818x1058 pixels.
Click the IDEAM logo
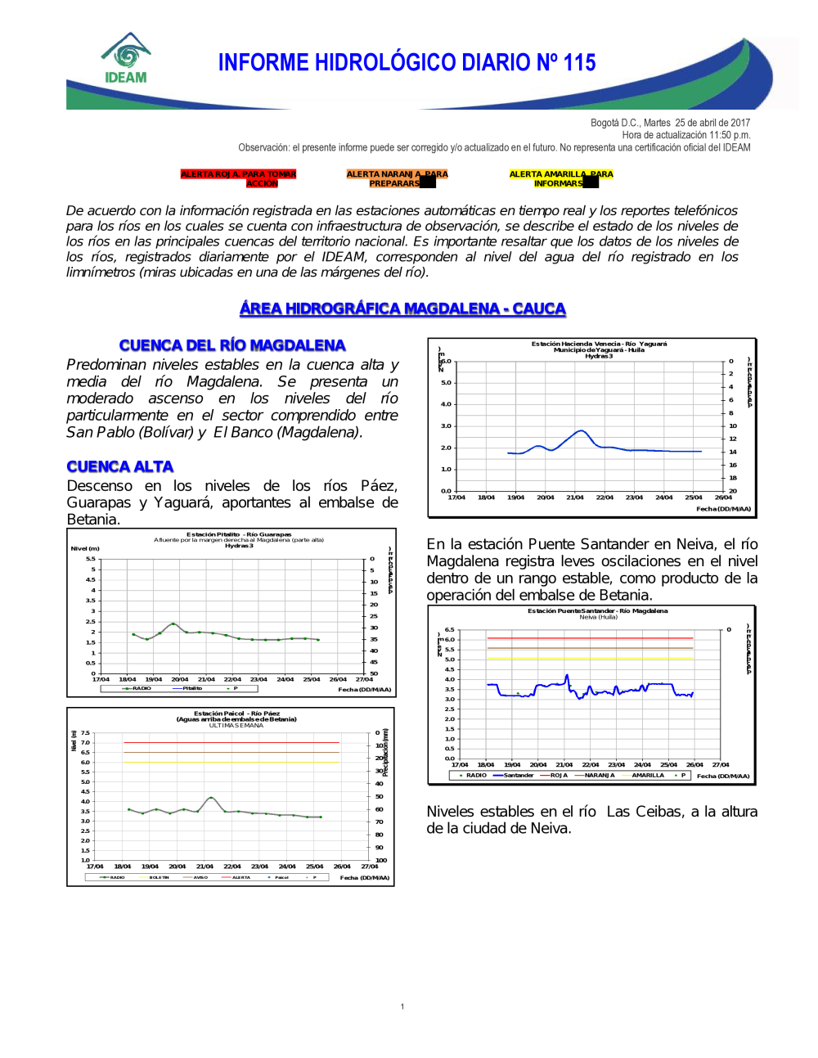point(126,59)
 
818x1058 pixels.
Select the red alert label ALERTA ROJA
point(238,178)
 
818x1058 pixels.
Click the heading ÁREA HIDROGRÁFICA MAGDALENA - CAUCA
point(402,308)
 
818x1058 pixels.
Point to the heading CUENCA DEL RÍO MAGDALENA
point(232,345)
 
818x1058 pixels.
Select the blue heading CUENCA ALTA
point(120,466)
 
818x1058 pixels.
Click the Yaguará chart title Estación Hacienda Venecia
point(599,344)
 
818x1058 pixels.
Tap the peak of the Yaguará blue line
point(581,430)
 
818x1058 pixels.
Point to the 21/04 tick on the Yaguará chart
point(575,497)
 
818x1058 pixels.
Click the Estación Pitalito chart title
point(238,534)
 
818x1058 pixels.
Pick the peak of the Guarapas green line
point(173,624)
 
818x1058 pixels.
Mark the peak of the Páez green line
point(211,797)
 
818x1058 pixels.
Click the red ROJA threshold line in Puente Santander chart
point(589,638)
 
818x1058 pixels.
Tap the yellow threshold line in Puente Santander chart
point(589,658)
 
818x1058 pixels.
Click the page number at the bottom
point(402,1006)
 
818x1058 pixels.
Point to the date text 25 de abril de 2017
point(712,123)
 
